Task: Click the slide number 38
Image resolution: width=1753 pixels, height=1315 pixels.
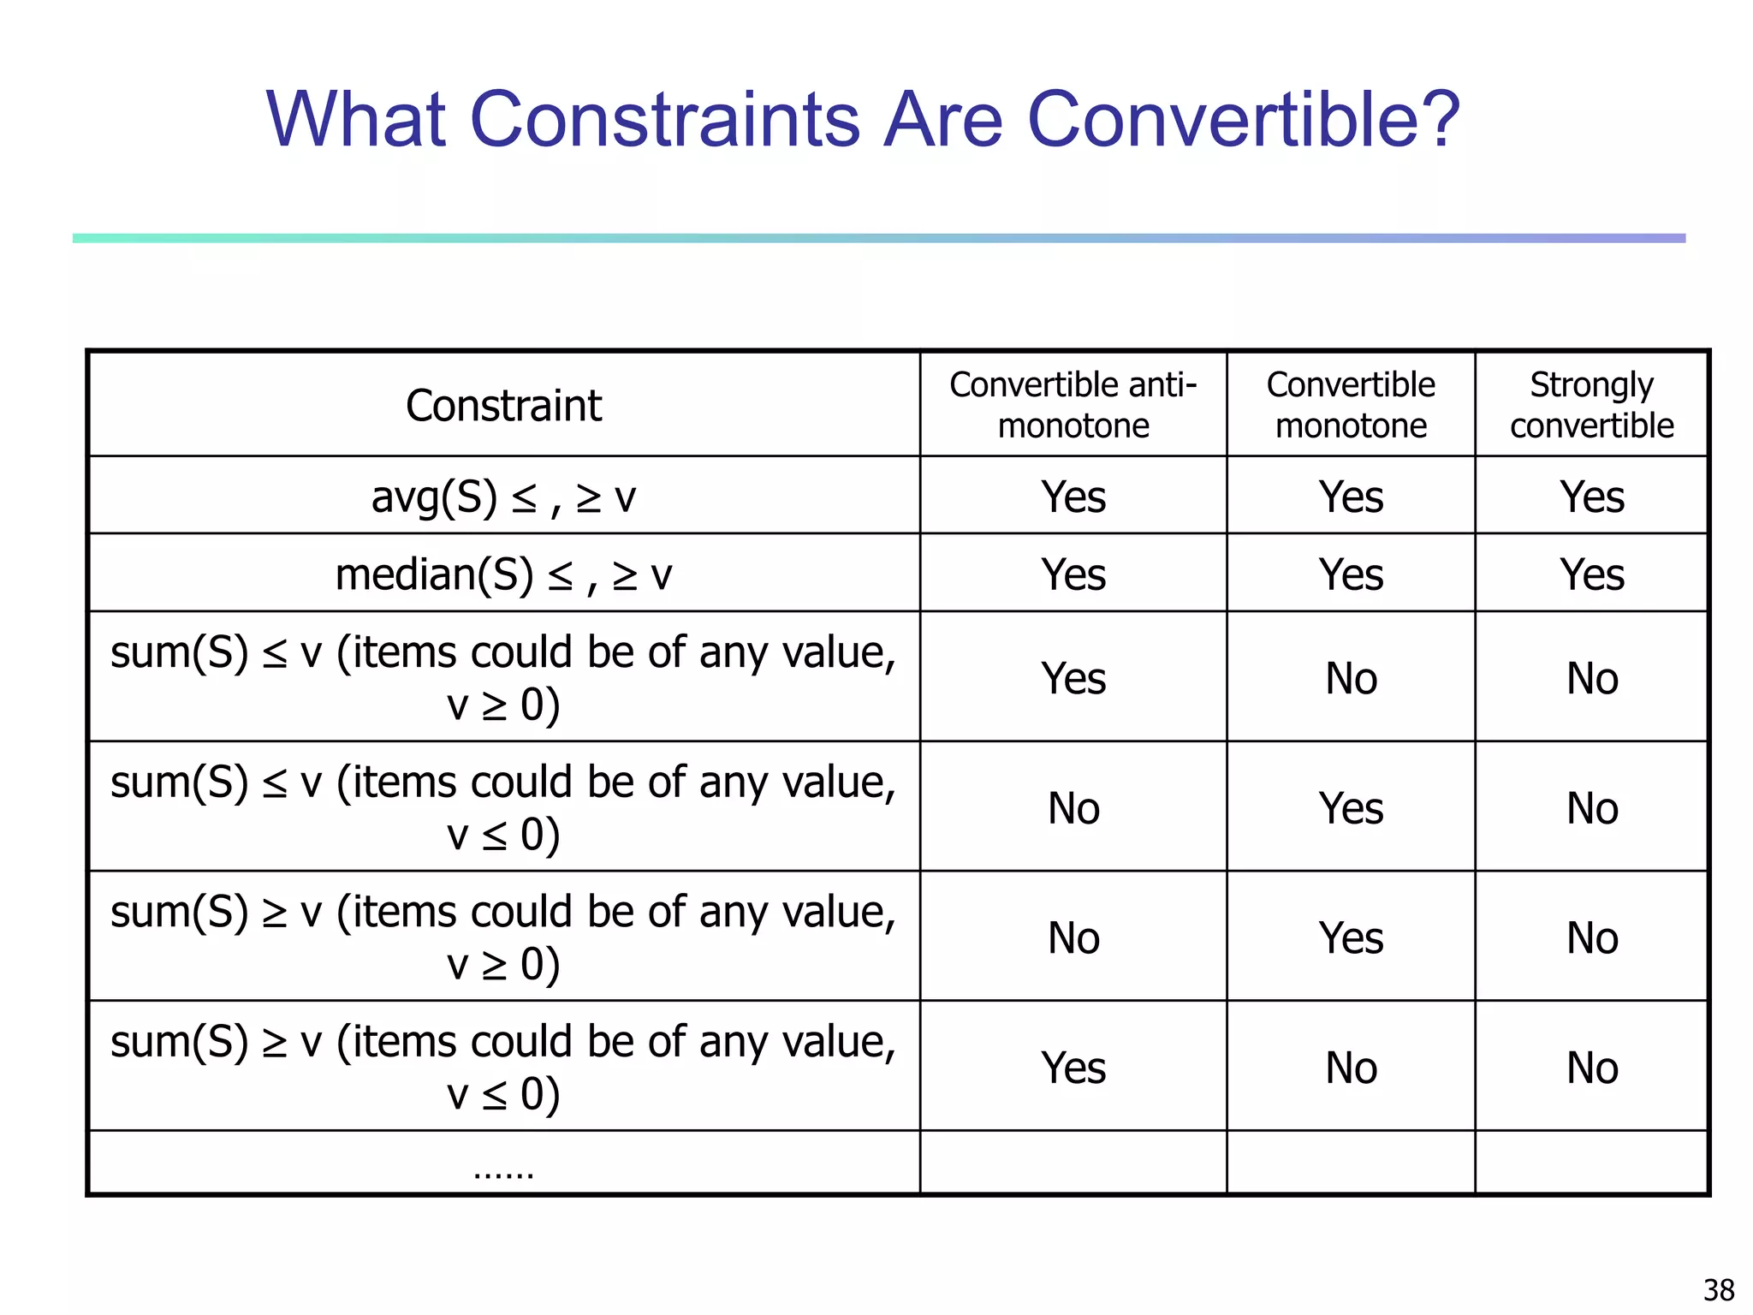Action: [x=1719, y=1289]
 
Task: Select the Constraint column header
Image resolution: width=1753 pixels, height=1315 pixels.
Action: [x=503, y=405]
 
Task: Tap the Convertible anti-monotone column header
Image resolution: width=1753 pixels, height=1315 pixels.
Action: [x=1073, y=405]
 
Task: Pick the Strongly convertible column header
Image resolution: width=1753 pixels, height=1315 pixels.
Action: [x=1591, y=405]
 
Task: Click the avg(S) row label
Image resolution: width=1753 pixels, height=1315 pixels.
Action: [x=503, y=497]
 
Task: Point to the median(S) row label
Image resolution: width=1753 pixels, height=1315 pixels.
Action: [x=503, y=574]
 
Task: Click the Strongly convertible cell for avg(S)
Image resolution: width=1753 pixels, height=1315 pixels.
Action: [x=1591, y=497]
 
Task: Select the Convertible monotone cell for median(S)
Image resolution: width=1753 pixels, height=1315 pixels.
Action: [x=1351, y=574]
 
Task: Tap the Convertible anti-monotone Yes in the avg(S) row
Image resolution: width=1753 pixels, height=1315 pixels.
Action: [x=1073, y=497]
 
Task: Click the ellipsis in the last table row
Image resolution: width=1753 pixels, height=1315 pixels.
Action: [x=503, y=1171]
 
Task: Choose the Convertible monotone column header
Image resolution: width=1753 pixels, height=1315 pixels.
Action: [x=1351, y=405]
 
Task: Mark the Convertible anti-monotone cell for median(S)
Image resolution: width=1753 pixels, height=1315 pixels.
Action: [x=1073, y=574]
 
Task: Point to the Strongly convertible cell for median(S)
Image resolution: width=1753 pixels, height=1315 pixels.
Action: [x=1591, y=574]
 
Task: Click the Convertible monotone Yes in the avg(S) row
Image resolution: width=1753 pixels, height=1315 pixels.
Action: [x=1351, y=497]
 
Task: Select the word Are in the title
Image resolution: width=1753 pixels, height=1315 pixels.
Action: [x=942, y=119]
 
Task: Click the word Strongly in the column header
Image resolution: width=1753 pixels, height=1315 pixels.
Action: [x=1591, y=385]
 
